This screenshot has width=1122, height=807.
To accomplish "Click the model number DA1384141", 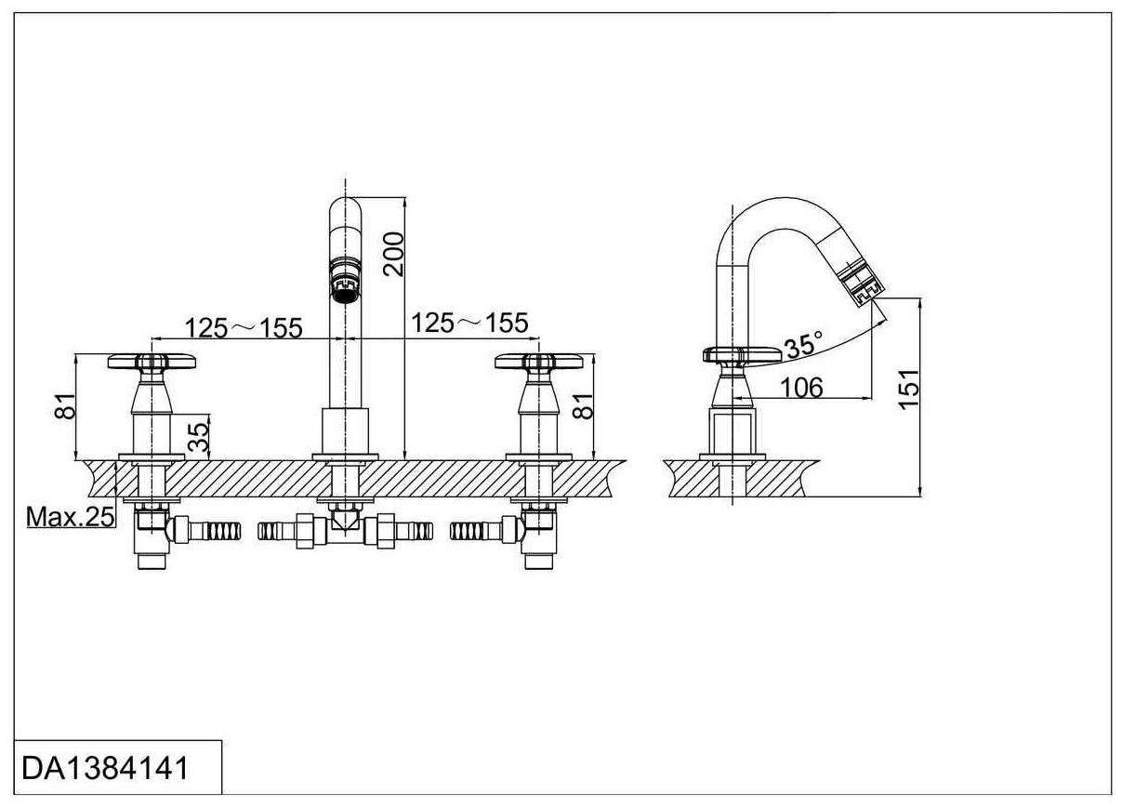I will [105, 769].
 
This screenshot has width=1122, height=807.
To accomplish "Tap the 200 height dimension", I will [394, 252].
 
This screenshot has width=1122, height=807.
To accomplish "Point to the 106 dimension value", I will [802, 387].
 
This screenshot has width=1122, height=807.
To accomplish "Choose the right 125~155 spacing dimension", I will [469, 323].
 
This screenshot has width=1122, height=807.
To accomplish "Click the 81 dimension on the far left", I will [64, 407].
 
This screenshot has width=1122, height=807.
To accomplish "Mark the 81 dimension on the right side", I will [583, 406].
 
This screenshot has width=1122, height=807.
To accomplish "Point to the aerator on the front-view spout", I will [345, 282].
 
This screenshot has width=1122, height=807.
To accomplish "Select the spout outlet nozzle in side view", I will [863, 283].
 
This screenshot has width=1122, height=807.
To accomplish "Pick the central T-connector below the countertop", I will [345, 526].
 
